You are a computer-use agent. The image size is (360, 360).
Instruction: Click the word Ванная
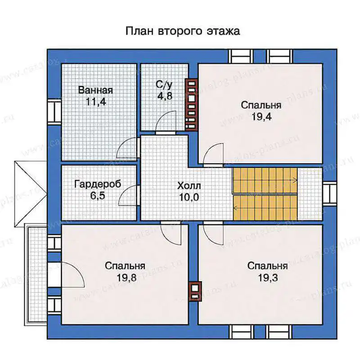pos(95,90)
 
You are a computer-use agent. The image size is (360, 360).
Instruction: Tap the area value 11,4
pos(96,102)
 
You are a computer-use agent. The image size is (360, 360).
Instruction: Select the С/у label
pos(164,85)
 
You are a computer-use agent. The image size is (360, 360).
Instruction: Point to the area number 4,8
pos(165,96)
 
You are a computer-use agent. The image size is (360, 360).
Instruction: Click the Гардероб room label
pos(98,184)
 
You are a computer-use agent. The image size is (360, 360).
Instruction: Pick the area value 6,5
pos(98,196)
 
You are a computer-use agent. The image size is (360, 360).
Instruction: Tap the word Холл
pos(189,186)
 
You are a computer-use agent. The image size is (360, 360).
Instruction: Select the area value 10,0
pos(189,197)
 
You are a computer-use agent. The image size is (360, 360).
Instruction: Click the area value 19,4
pos(261,117)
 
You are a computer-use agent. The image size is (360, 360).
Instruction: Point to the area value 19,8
pos(126,278)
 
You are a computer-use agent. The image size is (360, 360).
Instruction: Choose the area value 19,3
pos(268,278)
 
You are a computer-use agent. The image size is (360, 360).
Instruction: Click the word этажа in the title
pos(223,31)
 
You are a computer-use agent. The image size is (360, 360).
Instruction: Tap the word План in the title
pos(139,31)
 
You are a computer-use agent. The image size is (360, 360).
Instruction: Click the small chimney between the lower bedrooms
pos(195,291)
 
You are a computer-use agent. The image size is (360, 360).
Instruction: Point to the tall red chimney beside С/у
pos(192,105)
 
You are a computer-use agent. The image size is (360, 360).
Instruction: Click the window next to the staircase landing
pos(330,193)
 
